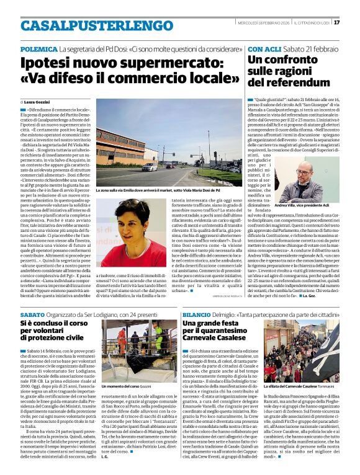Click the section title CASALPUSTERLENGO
coord(88,25)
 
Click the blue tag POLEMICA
coord(39,48)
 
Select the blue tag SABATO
coord(32,316)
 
